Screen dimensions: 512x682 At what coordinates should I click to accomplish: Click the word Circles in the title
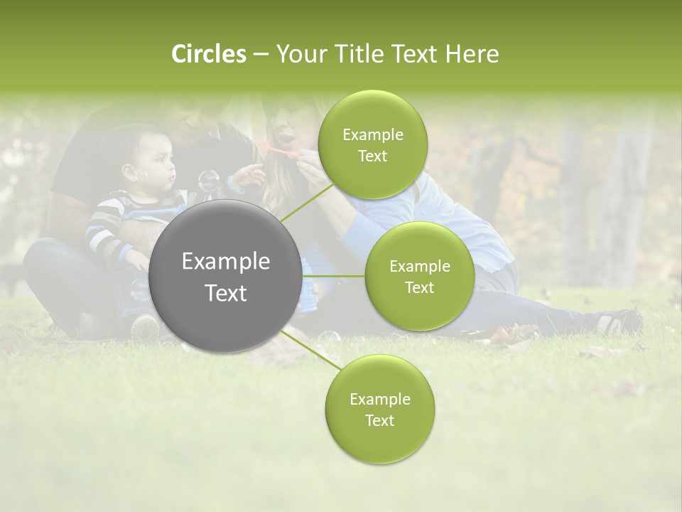209,54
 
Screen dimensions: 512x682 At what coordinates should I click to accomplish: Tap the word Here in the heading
472,54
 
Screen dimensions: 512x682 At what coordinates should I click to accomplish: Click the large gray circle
226,276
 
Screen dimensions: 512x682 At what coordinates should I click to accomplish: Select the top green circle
372,145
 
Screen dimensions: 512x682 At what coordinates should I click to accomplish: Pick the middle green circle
419,276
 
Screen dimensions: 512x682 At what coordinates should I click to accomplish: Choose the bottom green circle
379,410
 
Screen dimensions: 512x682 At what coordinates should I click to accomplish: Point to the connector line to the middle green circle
333,276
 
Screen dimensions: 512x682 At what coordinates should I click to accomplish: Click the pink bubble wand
278,150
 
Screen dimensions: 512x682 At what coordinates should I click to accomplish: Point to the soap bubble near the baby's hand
208,181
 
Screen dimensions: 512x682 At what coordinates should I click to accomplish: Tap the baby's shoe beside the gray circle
144,327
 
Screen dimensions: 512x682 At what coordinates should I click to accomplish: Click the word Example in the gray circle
226,262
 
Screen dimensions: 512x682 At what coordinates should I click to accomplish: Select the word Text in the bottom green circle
379,420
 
